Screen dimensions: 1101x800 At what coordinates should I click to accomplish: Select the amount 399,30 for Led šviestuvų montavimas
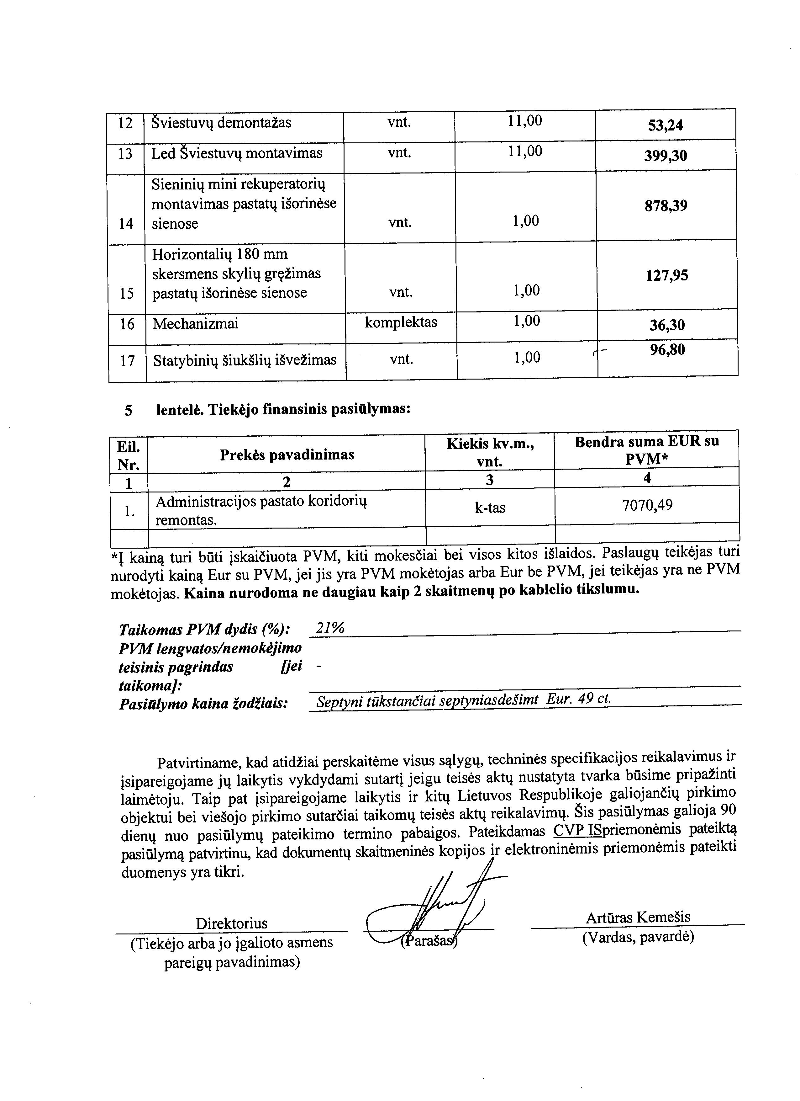click(x=665, y=156)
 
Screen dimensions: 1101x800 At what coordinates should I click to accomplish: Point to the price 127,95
click(x=666, y=276)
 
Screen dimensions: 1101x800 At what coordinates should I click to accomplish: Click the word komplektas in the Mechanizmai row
click(x=401, y=322)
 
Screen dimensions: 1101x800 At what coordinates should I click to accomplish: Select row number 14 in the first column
click(x=126, y=223)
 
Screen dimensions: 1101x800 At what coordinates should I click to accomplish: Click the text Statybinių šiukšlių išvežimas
click(x=245, y=360)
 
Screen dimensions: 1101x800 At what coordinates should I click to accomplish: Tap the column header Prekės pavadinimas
click(x=287, y=455)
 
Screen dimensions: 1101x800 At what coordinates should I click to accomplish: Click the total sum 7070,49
click(x=647, y=506)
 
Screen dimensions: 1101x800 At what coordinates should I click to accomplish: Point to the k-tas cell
click(x=490, y=508)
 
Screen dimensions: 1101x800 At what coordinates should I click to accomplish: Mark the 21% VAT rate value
click(x=330, y=628)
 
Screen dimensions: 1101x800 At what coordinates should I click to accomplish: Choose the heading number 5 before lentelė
click(x=128, y=411)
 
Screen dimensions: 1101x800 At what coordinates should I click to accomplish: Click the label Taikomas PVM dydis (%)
click(x=204, y=630)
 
